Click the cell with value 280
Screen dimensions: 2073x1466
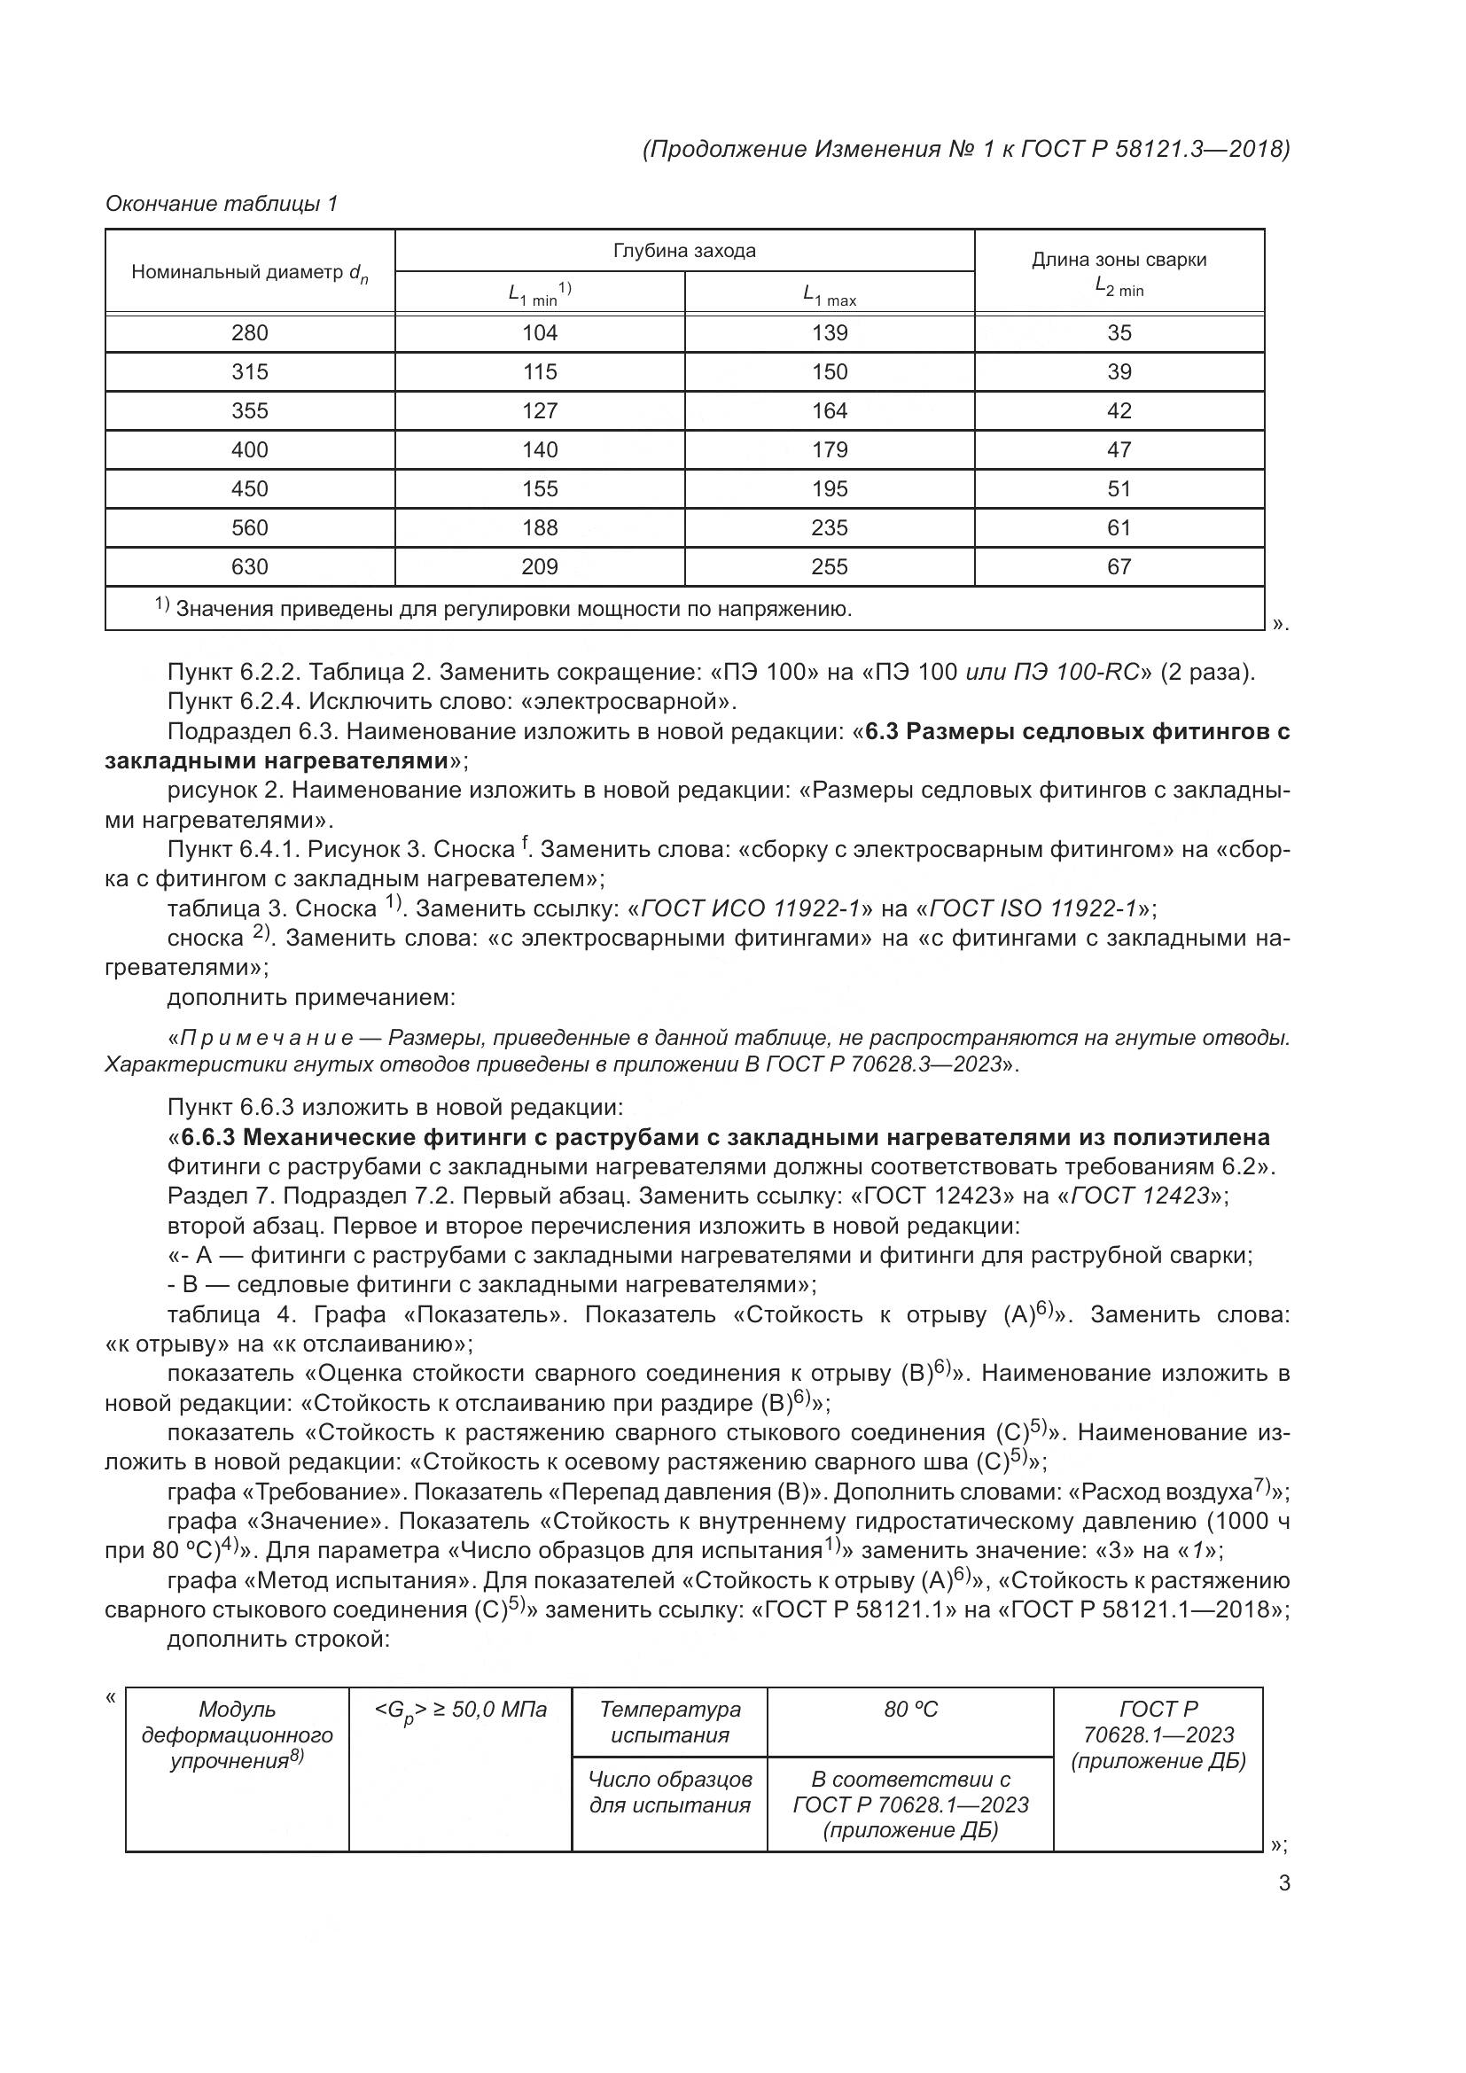click(x=250, y=333)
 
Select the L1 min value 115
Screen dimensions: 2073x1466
click(x=540, y=372)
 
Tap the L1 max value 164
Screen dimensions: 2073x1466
click(x=830, y=411)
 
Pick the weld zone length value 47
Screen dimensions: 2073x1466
click(x=1119, y=449)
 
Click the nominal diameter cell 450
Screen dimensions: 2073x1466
click(x=250, y=488)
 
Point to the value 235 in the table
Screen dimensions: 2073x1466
click(x=830, y=527)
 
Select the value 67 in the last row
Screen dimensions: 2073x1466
click(x=1119, y=567)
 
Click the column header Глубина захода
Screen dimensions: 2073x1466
click(x=684, y=251)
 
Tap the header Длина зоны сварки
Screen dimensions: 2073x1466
click(x=1119, y=261)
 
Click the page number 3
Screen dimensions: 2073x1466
click(x=1283, y=1883)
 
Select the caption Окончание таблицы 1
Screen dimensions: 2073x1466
click(x=222, y=204)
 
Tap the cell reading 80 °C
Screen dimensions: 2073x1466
click(x=910, y=1709)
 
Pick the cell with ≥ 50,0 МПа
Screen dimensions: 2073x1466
click(x=460, y=1709)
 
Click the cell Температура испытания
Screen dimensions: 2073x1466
click(x=670, y=1722)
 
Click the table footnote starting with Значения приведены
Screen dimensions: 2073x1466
click(x=505, y=609)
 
